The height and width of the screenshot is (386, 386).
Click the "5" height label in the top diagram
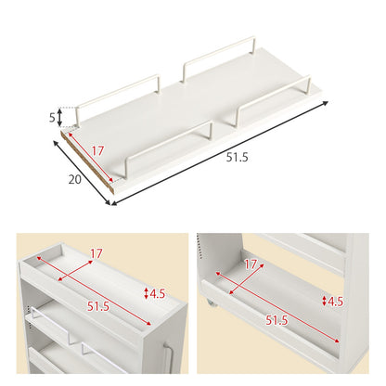pos(52,118)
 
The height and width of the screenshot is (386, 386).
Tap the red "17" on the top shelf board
pos(97,151)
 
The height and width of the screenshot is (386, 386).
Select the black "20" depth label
pos(75,179)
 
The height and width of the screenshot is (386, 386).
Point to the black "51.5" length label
pos(237,158)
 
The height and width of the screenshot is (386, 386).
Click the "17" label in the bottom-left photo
pos(96,254)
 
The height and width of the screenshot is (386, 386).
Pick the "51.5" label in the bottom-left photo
pos(98,306)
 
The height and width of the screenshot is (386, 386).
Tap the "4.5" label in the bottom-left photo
pos(157,293)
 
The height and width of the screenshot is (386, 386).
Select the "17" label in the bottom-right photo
pos(251,264)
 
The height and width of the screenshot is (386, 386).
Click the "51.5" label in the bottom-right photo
pos(277,320)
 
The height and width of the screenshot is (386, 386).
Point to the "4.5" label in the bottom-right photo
pos(335,302)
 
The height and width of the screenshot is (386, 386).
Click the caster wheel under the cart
pos(211,303)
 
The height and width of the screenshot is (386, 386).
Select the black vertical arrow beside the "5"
pos(60,117)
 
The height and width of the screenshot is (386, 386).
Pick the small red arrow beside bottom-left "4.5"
pos(147,293)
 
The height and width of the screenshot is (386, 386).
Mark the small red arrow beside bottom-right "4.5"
pos(324,301)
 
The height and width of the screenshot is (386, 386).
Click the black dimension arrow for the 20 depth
pos(82,173)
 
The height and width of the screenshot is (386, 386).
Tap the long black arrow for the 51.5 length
pos(220,153)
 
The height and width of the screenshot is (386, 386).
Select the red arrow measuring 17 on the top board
pos(91,158)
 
